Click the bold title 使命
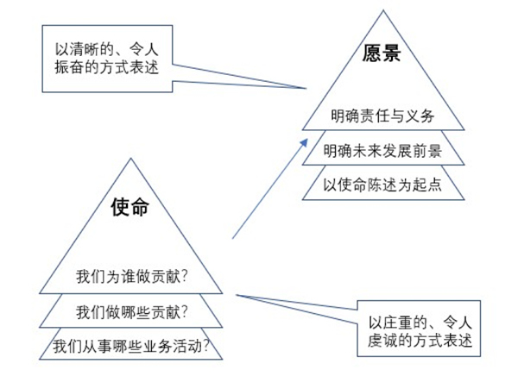click(131, 207)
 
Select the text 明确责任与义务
click(381, 114)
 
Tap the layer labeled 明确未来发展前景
click(382, 150)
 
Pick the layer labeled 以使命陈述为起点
click(382, 184)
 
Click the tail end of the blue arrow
click(234, 238)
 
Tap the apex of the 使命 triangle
click(131, 158)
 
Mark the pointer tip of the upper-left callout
click(308, 87)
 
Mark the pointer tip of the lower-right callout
click(235, 294)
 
